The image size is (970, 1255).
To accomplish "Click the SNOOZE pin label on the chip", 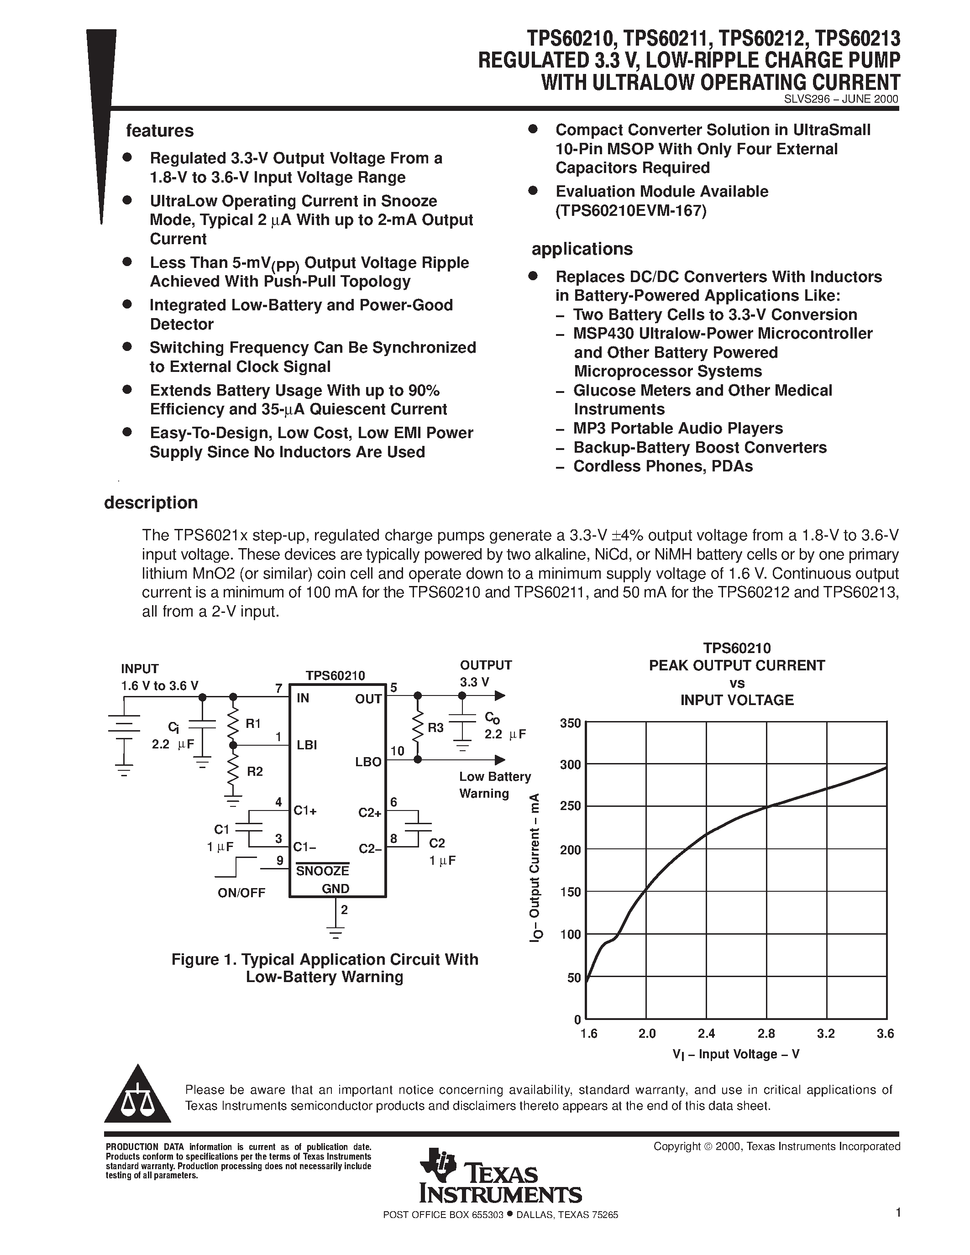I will pos(322,871).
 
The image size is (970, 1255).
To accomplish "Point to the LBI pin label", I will pos(307,745).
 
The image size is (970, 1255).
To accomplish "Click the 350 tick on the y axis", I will pos(571,723).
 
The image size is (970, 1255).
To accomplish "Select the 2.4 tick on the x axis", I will pos(706,1034).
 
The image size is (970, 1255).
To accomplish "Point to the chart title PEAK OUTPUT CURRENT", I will pos(737,665).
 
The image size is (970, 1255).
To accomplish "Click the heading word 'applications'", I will pos(582,249).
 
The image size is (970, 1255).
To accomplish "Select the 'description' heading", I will pos(151,503).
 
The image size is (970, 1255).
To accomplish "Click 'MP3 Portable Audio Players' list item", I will pos(677,429).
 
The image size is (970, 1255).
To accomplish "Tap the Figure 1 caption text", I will pos(325,968).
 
